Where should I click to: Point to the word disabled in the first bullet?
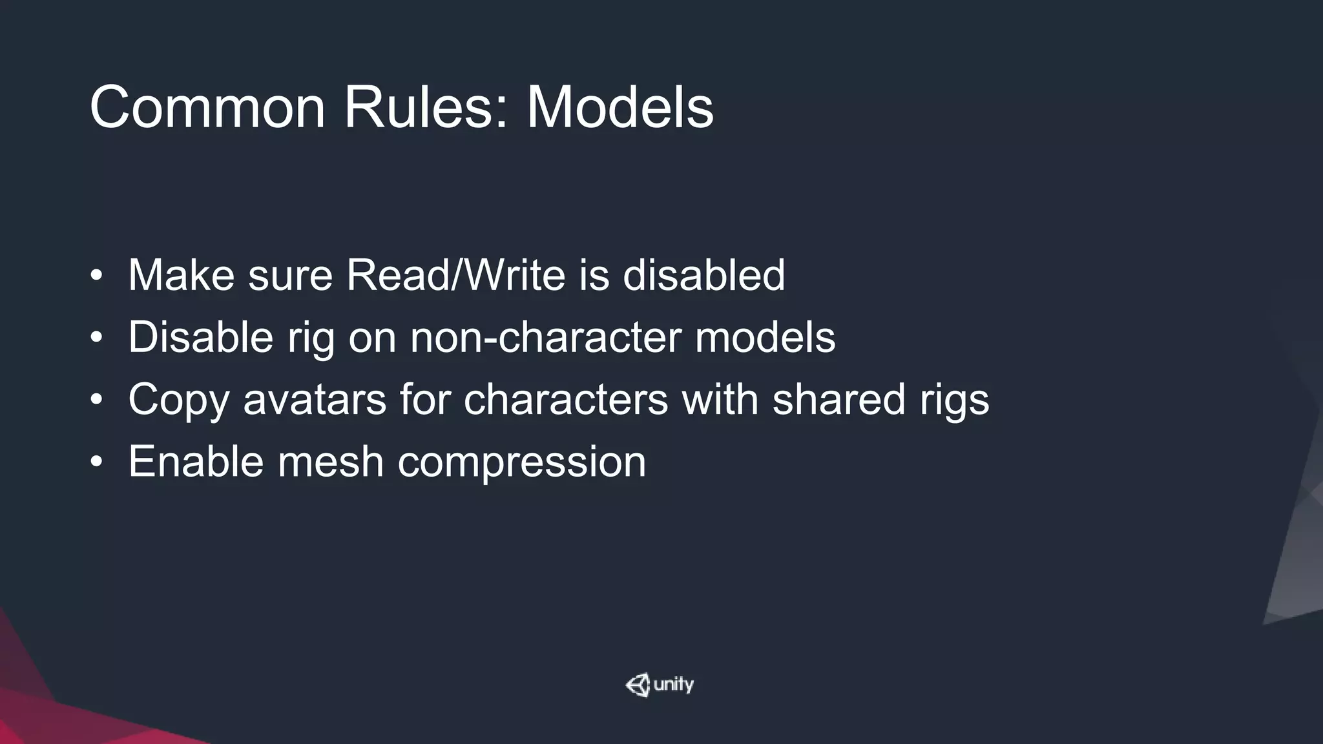click(703, 275)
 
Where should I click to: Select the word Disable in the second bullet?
click(200, 337)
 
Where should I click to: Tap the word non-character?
click(545, 337)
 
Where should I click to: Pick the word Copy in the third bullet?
click(178, 400)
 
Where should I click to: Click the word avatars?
click(315, 399)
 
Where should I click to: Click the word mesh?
click(331, 461)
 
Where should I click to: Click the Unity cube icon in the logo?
click(638, 685)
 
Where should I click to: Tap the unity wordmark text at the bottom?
click(673, 685)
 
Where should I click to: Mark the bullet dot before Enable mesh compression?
click(96, 462)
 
